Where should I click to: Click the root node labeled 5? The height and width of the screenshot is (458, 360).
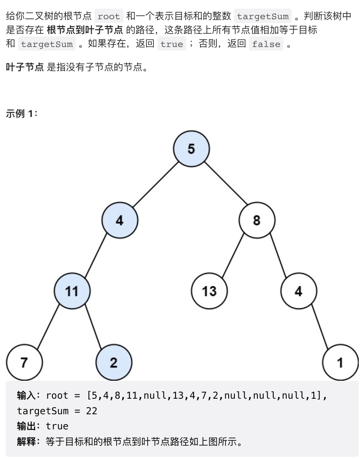191,148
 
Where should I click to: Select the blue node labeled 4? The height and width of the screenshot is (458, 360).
119,220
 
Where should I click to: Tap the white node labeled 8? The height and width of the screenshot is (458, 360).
257,220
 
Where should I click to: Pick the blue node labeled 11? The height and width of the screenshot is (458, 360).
72,291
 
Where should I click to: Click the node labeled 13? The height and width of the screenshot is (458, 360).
209,291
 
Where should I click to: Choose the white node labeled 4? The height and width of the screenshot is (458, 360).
299,291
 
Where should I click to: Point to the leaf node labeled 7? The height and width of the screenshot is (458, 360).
24,362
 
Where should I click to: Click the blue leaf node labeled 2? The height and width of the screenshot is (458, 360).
114,362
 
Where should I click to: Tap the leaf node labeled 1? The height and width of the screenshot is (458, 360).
340,362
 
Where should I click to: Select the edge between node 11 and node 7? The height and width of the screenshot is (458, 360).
48,327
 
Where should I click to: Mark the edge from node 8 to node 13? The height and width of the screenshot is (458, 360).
233,256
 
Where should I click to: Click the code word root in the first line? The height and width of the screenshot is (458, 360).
109,17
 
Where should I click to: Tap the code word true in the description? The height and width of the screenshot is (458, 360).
172,44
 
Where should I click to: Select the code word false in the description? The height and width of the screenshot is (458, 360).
266,44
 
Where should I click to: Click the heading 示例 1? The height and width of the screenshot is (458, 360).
21,114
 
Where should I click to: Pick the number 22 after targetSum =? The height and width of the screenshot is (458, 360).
92,411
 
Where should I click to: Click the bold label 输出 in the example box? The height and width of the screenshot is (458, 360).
26,426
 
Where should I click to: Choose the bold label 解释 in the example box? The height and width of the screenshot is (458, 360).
26,442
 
